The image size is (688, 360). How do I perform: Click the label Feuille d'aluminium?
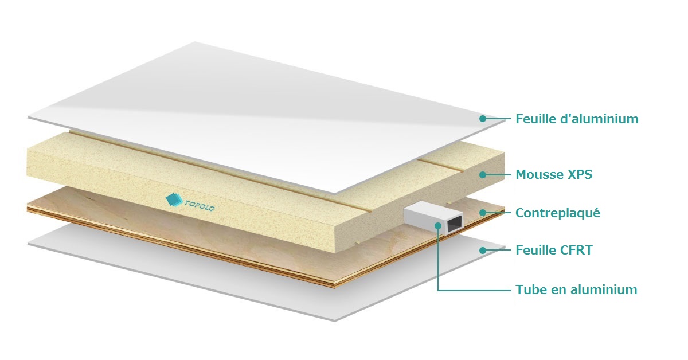[577, 119]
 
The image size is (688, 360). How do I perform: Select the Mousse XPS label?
[554, 174]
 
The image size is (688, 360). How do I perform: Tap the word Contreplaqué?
[558, 213]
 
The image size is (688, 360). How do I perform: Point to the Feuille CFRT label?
[554, 250]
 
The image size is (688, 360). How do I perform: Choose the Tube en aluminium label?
[576, 289]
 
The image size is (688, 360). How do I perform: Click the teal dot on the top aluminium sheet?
[483, 118]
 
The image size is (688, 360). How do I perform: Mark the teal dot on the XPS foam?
[483, 175]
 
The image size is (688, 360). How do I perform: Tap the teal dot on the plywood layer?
[483, 213]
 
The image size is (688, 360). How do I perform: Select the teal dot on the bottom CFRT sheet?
[483, 251]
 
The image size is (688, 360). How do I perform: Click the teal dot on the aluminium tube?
[438, 226]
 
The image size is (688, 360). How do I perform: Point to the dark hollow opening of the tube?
[455, 224]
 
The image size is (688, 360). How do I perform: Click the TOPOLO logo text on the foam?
[200, 205]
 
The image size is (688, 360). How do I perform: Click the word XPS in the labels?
[580, 174]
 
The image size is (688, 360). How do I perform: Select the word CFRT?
[576, 250]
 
